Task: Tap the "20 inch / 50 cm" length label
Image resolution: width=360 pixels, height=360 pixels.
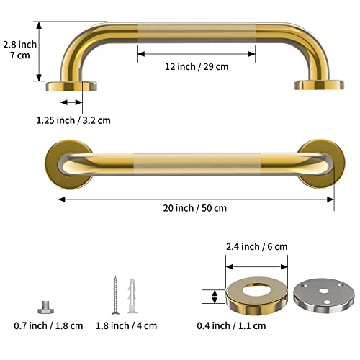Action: pos(195,208)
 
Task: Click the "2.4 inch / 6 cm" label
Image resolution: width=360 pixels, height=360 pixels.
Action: pos(258,246)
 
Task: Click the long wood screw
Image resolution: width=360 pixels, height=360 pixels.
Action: pos(113,293)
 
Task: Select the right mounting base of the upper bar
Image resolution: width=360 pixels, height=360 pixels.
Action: pos(317,85)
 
